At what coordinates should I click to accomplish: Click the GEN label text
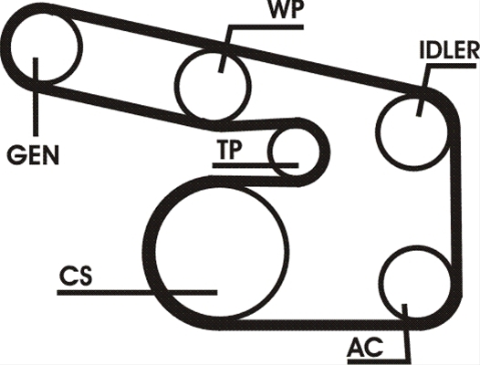[x=33, y=155]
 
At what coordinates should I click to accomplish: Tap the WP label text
[x=286, y=10]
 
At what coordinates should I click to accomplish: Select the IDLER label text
[x=449, y=49]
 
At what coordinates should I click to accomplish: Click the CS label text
[x=76, y=276]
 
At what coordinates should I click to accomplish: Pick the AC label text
[x=365, y=348]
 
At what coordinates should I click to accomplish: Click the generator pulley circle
[x=80, y=47]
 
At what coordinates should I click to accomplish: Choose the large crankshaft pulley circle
[x=287, y=251]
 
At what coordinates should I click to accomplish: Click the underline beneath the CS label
[x=137, y=293]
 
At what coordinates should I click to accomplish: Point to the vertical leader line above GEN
[x=36, y=97]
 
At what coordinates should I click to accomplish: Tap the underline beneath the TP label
[x=256, y=166]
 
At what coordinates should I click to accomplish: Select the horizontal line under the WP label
[x=266, y=27]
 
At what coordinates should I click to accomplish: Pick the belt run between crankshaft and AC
[x=316, y=325]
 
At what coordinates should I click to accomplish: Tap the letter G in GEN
[x=15, y=155]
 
